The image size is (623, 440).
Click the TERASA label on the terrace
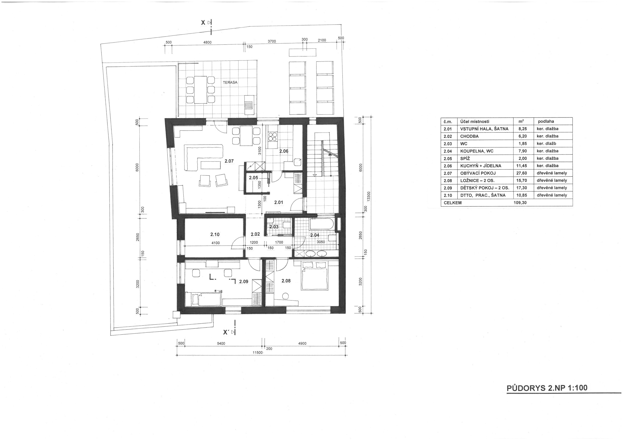(230, 82)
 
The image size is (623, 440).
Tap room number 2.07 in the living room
(229, 161)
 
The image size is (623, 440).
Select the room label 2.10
(215, 234)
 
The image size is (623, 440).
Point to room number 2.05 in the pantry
(253, 178)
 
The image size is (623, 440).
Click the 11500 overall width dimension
(257, 352)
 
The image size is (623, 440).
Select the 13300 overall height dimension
(368, 196)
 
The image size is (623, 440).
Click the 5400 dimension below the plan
(221, 344)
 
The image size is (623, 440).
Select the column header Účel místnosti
(475, 121)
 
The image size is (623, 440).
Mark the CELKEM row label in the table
(453, 203)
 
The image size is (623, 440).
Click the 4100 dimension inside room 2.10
(216, 243)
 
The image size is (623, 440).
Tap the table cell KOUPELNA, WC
(477, 151)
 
